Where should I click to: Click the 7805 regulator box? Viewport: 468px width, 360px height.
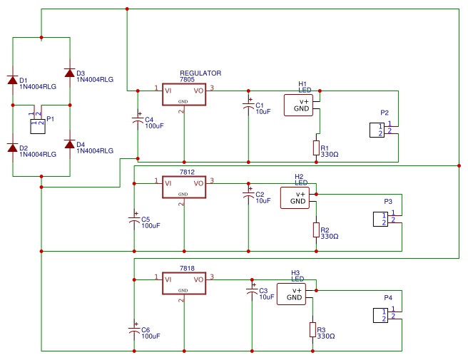coord(183,96)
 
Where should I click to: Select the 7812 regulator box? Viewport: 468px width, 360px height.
coord(183,188)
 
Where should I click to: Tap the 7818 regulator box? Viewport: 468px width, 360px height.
coord(183,284)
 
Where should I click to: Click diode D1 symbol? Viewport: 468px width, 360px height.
coord(13,80)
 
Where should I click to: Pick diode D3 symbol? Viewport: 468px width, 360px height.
coord(69,73)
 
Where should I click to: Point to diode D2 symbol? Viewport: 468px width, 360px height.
coord(13,148)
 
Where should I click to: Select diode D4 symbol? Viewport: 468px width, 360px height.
coord(69,144)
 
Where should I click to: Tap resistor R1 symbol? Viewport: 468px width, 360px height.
coord(315,148)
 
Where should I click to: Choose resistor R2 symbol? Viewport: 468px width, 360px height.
coord(315,230)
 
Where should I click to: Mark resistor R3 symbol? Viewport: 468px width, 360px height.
coord(312,329)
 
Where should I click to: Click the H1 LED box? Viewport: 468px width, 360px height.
coord(298,105)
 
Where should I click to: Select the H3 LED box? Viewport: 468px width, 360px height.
coord(291,294)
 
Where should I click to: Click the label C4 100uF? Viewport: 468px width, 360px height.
coord(153,123)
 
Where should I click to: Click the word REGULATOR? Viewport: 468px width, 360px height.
coord(200,73)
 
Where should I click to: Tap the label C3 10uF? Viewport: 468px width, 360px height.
coord(266,294)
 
